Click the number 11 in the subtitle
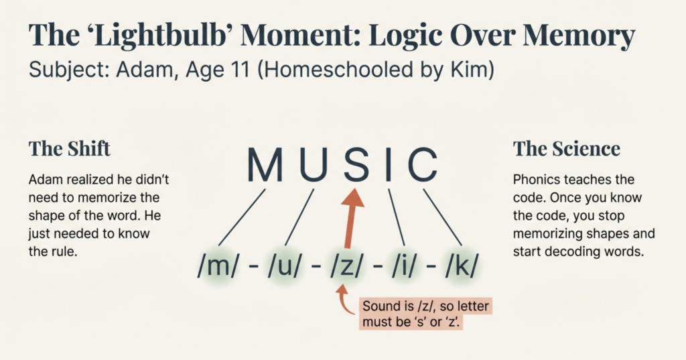[239, 70]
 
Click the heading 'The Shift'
[69, 148]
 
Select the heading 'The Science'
[566, 148]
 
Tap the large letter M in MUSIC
[265, 165]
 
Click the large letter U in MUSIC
[314, 165]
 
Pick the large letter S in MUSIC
[356, 165]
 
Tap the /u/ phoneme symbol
[284, 266]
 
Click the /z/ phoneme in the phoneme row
[346, 266]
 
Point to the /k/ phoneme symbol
[462, 266]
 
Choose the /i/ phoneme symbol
[403, 266]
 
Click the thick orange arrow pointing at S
[351, 219]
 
